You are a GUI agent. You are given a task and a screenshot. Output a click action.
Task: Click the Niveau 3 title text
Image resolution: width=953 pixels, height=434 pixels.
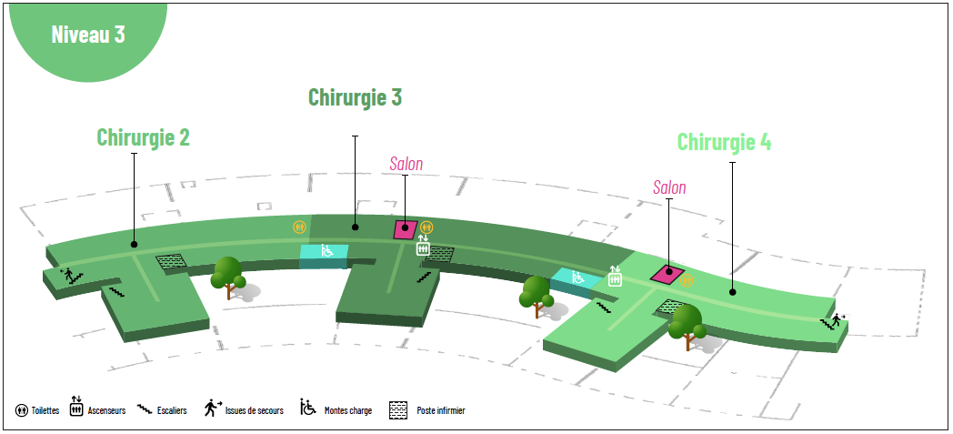[88, 34]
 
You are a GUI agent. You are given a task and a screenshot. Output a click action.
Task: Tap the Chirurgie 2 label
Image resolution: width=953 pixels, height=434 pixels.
[144, 136]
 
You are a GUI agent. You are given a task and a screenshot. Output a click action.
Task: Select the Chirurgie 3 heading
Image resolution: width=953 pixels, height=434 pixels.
[355, 96]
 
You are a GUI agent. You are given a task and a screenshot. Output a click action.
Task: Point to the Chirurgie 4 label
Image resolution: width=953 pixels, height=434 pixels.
[724, 142]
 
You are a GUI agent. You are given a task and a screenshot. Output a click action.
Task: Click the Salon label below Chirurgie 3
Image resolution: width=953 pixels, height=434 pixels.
[406, 164]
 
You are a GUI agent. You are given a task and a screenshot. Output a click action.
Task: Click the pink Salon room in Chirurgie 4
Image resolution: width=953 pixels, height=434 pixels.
[667, 274]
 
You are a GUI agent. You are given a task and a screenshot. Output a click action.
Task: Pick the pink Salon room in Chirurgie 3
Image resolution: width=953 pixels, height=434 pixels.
[406, 229]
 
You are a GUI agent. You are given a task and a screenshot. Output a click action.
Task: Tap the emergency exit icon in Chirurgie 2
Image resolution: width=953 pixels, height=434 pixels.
[69, 274]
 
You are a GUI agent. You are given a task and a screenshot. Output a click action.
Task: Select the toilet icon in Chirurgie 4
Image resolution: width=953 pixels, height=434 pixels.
[687, 280]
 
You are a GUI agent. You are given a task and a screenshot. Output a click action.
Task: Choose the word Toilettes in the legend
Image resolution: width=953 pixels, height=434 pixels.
[45, 411]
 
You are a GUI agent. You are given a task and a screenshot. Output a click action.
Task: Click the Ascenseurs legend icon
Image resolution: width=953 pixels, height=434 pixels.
[76, 407]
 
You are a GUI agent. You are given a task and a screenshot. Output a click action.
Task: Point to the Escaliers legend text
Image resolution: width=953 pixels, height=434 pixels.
[171, 411]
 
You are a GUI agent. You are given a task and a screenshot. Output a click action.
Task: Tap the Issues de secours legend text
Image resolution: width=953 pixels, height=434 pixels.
[254, 411]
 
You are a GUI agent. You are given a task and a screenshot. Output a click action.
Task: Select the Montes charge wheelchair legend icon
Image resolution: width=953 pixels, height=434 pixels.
[308, 407]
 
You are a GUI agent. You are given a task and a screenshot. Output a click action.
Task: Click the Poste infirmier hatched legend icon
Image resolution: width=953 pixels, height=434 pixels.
[397, 411]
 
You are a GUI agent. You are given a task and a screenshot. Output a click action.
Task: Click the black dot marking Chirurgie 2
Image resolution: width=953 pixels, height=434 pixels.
[135, 245]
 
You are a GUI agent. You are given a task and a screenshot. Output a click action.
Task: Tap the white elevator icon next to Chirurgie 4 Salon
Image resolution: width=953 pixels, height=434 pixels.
[615, 277]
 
